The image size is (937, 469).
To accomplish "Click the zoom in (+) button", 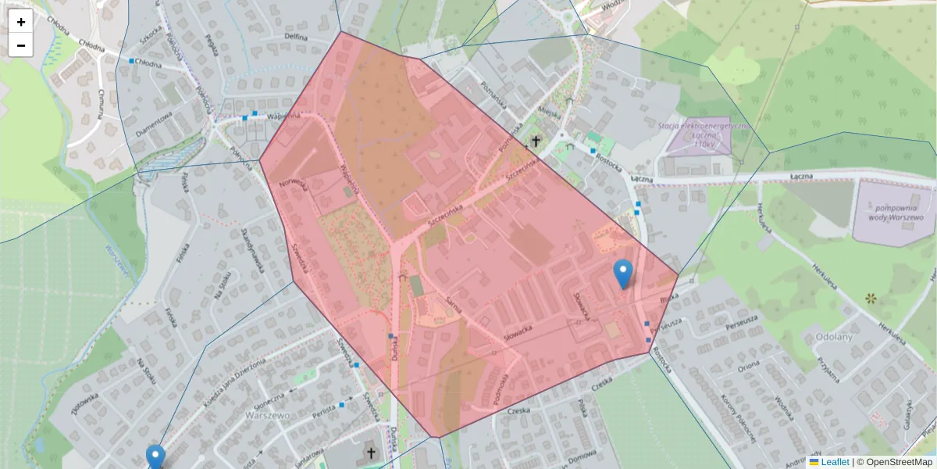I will [x=21, y=21].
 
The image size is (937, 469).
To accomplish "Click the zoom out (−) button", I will [x=21, y=45].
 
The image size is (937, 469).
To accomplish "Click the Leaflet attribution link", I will [x=835, y=462].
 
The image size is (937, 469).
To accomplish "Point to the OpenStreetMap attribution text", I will [x=899, y=462].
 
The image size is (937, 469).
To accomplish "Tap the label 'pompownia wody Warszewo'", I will [x=893, y=213].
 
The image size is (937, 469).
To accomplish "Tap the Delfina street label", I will [x=295, y=35].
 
